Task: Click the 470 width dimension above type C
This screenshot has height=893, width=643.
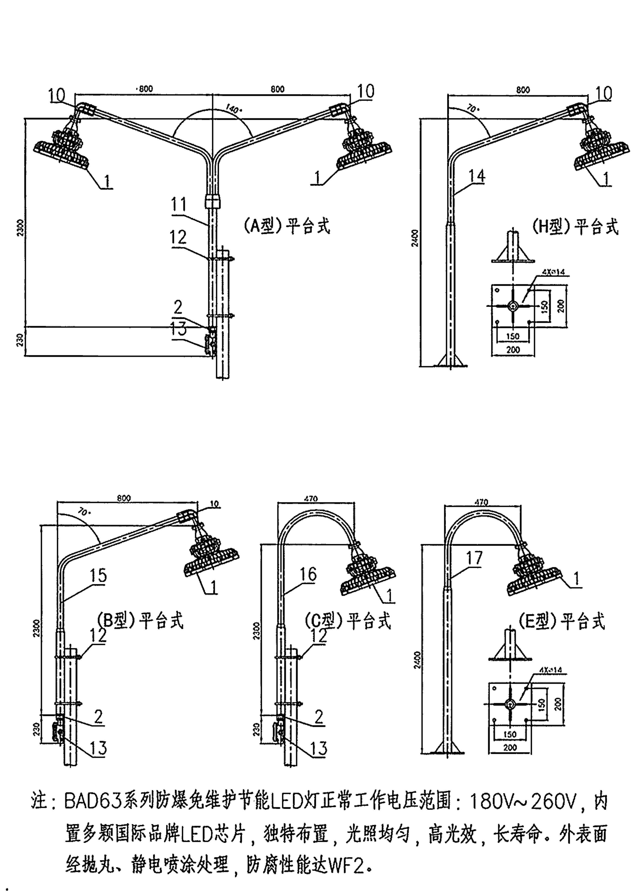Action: coord(311,498)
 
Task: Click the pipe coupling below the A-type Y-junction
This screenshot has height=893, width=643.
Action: coord(213,202)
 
